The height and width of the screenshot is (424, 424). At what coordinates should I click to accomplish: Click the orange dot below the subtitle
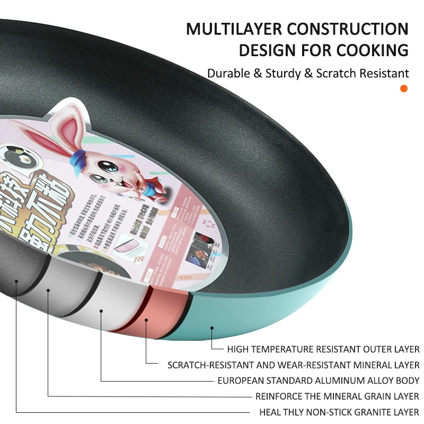click(404, 89)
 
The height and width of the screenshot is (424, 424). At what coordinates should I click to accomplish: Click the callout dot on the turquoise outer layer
click(211, 329)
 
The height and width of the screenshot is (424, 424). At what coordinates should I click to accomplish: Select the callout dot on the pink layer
click(146, 320)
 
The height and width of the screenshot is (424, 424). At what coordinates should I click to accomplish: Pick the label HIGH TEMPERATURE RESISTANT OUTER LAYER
click(323, 349)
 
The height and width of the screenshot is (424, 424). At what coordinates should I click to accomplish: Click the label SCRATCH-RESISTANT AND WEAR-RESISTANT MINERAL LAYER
click(293, 365)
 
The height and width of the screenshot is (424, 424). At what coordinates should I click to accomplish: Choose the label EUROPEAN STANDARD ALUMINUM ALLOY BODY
click(319, 381)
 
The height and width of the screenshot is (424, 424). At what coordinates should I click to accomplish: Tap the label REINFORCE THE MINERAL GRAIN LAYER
click(337, 396)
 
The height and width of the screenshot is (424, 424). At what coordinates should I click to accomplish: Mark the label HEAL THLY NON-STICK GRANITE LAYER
click(339, 412)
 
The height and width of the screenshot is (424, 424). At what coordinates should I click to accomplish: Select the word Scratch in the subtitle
click(335, 73)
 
